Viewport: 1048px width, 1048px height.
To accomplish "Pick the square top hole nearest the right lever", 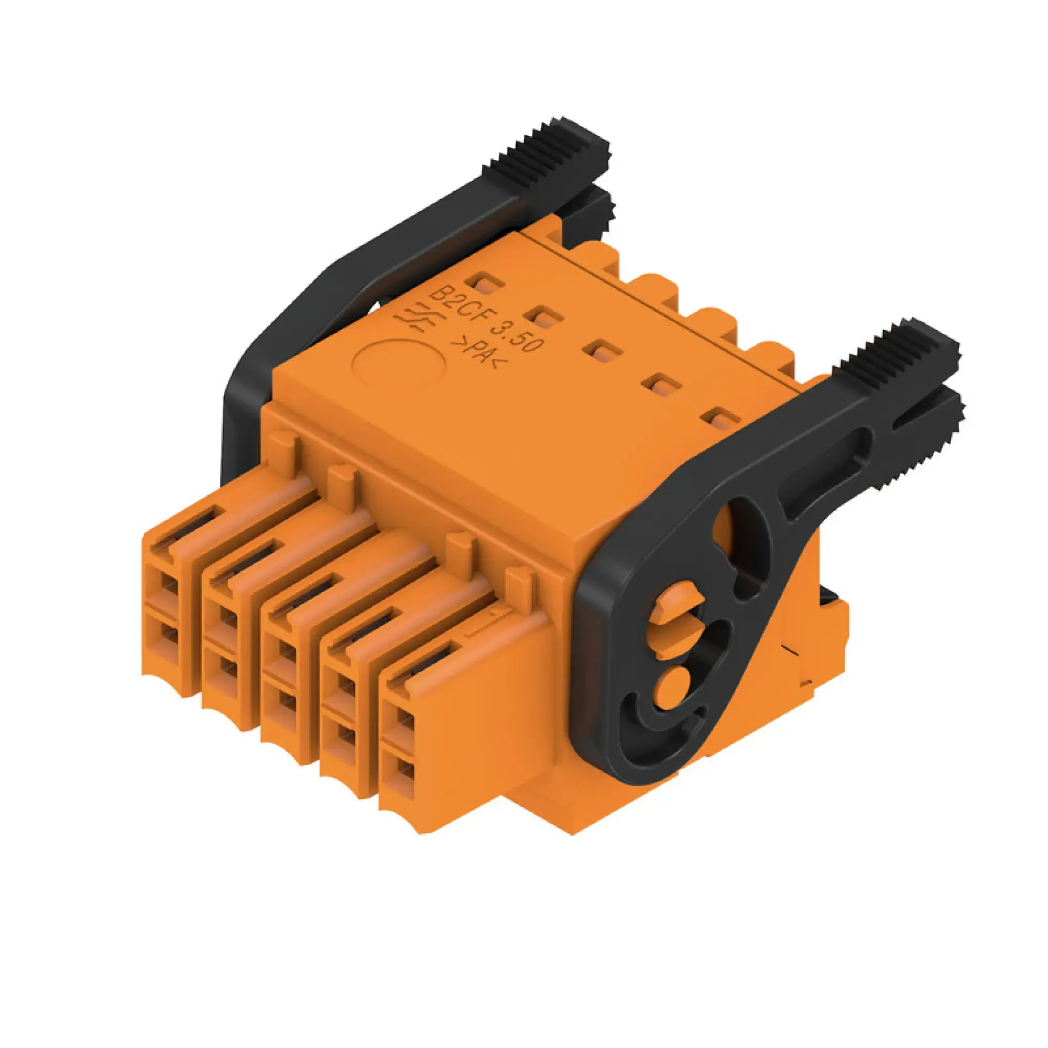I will (x=720, y=421).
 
